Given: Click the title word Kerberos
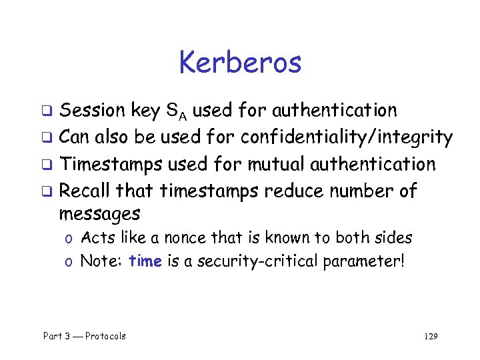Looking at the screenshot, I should point(240,63).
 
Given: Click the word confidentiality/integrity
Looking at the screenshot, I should point(347,137).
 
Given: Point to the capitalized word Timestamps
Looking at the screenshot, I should point(111,164).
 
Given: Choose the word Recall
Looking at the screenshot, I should point(85,191).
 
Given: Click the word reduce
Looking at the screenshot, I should point(292,191).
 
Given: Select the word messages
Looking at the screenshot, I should point(99,214).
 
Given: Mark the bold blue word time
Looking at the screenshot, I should point(145,261).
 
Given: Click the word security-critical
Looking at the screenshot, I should point(251,261).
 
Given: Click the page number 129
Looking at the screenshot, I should point(431,336).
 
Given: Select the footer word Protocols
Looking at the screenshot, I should point(105,336).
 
